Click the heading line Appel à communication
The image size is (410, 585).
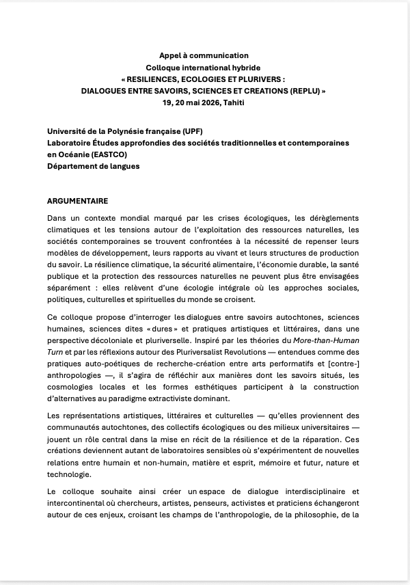[x=204, y=55]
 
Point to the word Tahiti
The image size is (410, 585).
[x=234, y=102]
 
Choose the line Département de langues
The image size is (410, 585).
[x=93, y=165]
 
